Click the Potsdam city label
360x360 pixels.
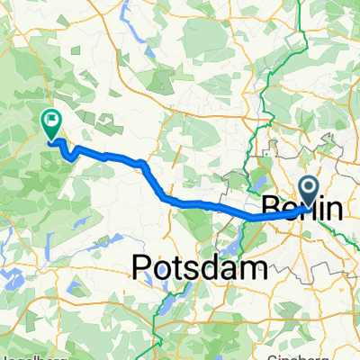click(x=201, y=265)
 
